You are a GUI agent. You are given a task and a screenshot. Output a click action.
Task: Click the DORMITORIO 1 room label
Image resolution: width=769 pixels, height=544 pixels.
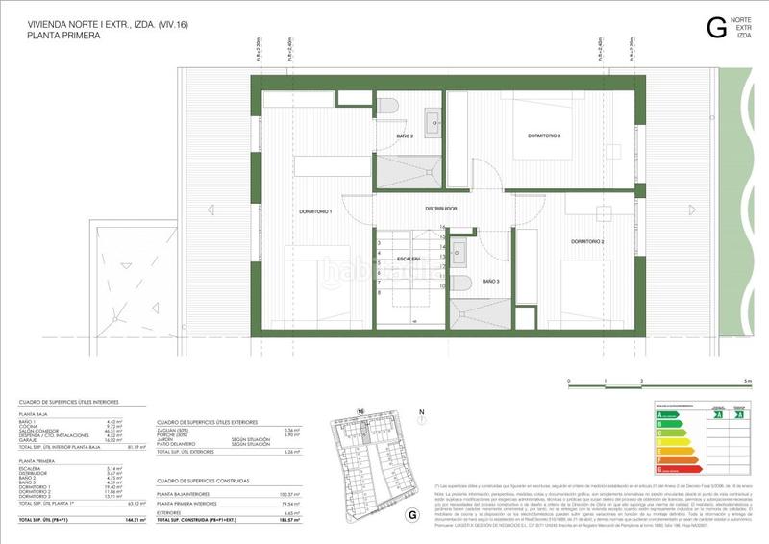[315, 210]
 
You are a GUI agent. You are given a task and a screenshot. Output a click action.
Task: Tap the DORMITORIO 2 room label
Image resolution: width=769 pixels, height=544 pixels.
[587, 240]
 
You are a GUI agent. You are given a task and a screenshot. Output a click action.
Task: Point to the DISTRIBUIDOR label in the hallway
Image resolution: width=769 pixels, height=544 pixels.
[441, 208]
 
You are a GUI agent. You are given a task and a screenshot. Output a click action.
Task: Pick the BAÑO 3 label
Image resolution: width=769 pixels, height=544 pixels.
[490, 281]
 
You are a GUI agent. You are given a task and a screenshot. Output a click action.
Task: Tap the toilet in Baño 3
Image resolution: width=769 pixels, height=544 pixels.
[462, 284]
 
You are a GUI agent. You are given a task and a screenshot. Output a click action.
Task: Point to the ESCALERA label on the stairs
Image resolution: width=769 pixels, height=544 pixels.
[409, 260]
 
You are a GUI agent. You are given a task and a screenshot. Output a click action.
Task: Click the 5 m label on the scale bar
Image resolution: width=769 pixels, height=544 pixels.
[747, 382]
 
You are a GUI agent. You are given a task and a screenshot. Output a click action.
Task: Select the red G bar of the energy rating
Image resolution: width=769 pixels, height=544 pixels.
[663, 471]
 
